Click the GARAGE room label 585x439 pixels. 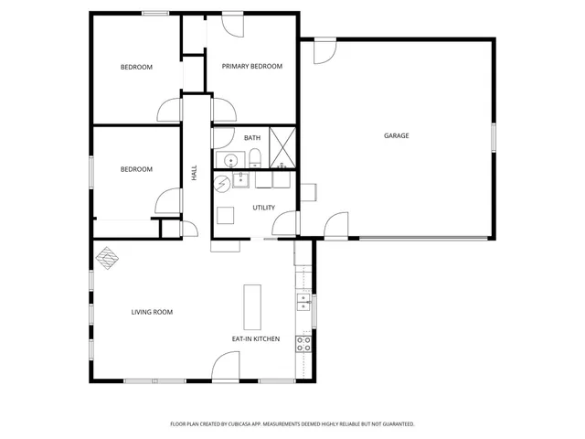[x=396, y=136]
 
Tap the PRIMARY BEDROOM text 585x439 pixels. [x=251, y=66]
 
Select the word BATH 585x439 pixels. [x=251, y=138]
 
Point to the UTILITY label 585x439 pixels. [x=264, y=208]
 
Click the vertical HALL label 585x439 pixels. [x=194, y=172]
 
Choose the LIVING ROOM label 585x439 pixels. [x=152, y=312]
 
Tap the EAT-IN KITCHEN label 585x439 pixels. [x=255, y=339]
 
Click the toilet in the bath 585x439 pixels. [x=255, y=159]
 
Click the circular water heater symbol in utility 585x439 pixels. [x=223, y=184]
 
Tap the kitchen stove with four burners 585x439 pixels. [x=303, y=344]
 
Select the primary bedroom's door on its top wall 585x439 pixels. [x=231, y=25]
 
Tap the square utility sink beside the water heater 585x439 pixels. [x=241, y=178]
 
